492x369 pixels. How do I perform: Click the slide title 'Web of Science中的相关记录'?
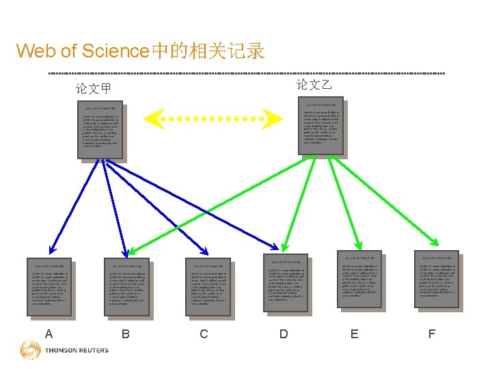[x=141, y=51]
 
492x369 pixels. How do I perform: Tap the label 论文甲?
[x=94, y=89]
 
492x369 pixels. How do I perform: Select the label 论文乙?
[x=314, y=85]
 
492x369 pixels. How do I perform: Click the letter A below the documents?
[x=48, y=334]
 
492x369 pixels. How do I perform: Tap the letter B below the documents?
[x=125, y=334]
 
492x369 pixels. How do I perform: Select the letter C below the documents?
[x=204, y=334]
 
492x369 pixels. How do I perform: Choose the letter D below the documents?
[x=284, y=334]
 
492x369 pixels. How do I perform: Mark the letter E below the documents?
[x=353, y=334]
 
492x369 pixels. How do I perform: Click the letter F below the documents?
[x=431, y=334]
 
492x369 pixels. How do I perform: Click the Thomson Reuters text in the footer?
[x=77, y=351]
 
